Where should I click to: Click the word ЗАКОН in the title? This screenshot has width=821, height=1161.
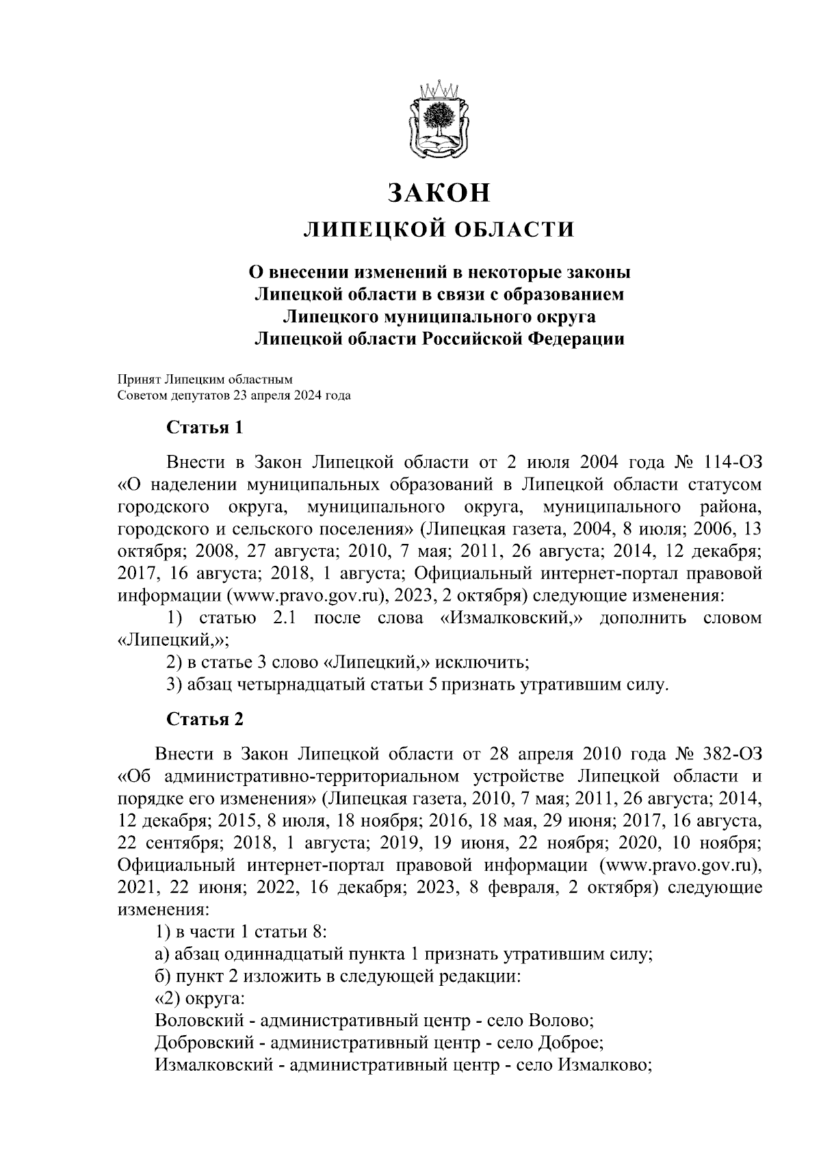pos(439,193)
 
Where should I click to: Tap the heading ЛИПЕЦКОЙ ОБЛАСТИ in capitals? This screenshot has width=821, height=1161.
pos(439,230)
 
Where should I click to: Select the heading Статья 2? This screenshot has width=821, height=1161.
pos(205,719)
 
